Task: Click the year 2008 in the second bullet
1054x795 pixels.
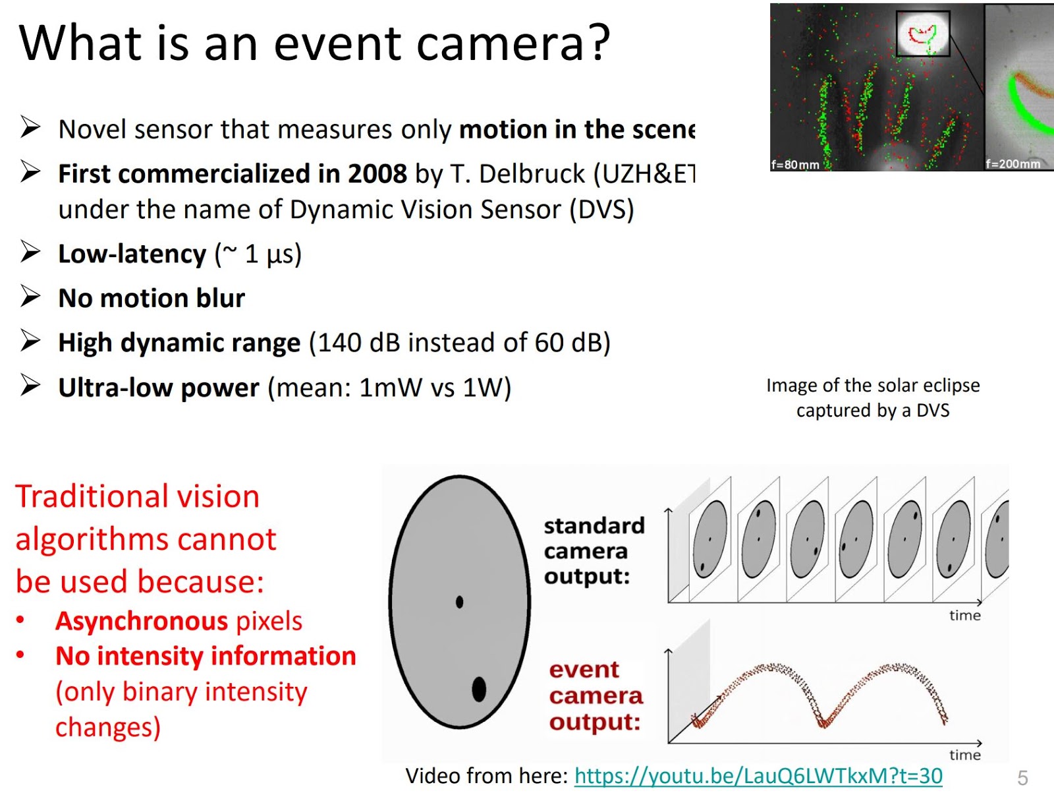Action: point(377,174)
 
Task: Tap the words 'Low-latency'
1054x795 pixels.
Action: point(132,254)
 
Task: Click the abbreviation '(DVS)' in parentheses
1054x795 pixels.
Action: point(601,210)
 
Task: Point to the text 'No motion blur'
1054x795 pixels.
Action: point(152,299)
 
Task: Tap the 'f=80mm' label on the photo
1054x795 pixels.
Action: point(795,164)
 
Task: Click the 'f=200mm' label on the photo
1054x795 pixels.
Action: point(1013,163)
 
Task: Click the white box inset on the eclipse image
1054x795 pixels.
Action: point(922,33)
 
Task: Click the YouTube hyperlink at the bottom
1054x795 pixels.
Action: point(758,776)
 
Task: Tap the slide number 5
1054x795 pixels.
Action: point(1022,778)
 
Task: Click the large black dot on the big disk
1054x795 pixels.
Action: point(479,689)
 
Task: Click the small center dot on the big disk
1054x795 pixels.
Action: point(459,601)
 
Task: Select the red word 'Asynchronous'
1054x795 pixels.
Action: point(142,621)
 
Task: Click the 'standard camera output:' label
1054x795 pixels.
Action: point(593,550)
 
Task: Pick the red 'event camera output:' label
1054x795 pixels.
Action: point(596,695)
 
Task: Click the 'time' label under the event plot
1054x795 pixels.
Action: point(964,755)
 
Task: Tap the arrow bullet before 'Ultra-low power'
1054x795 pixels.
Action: point(30,385)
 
